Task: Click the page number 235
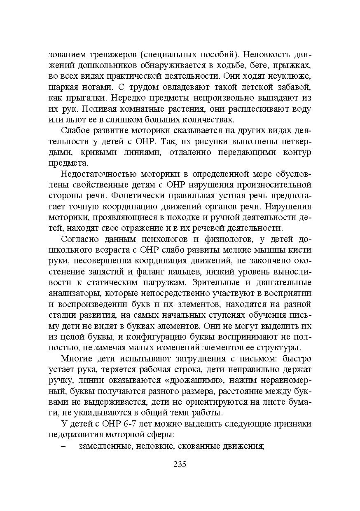tap(180, 464)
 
